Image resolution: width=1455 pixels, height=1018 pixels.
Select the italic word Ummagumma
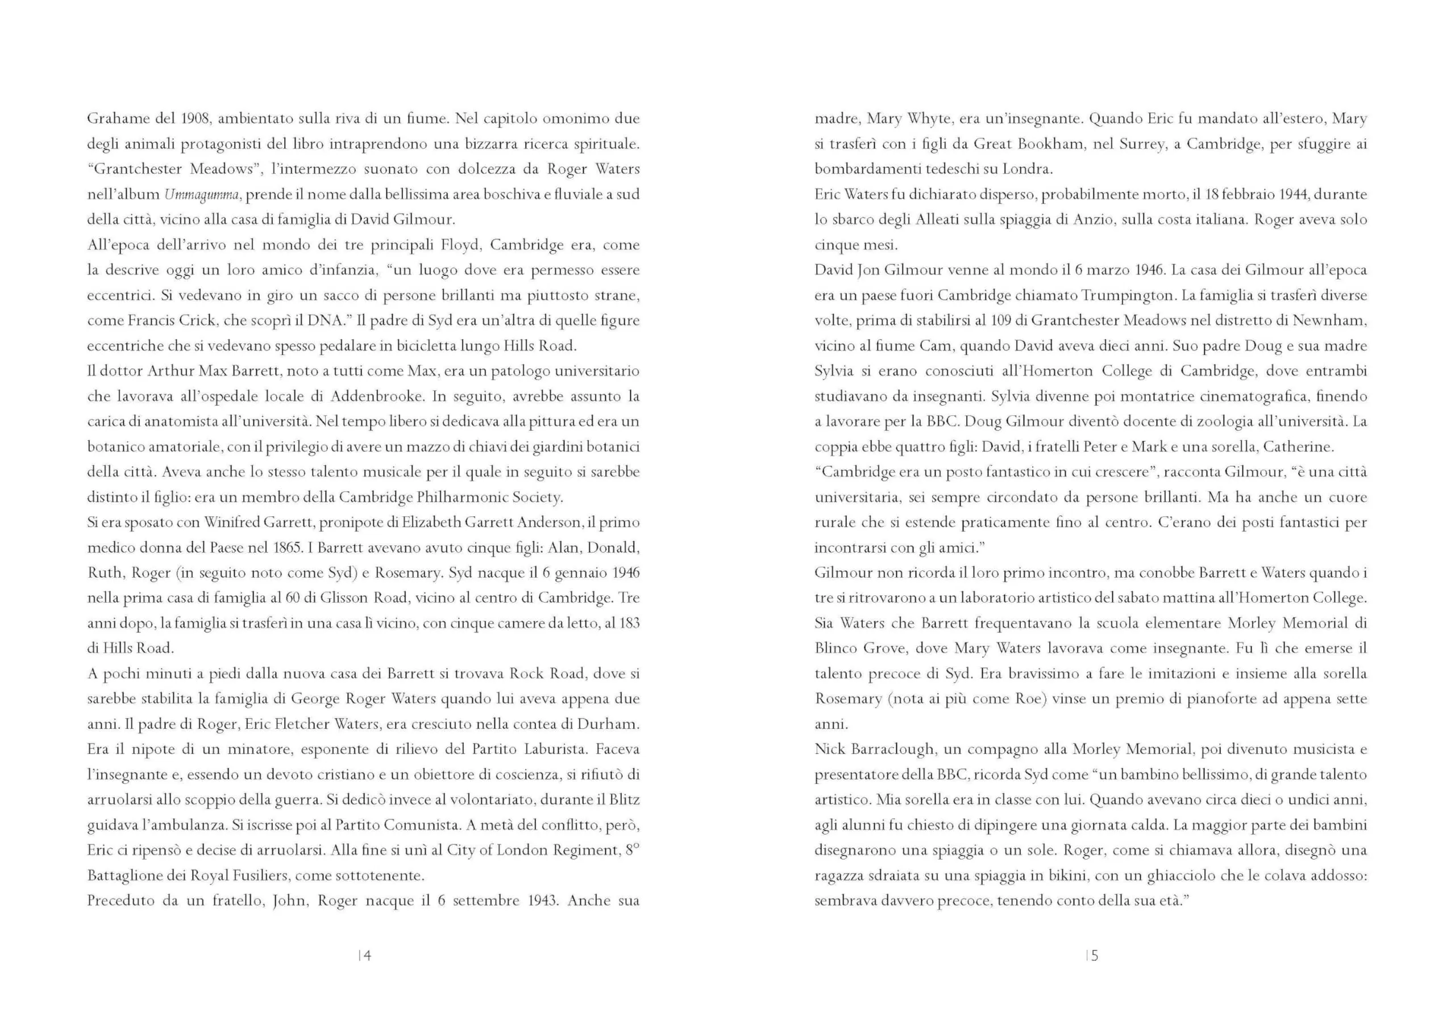pyautogui.click(x=202, y=194)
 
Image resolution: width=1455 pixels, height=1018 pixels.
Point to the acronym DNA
pyautogui.click(x=325, y=320)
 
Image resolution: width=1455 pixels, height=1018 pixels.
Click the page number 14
pyautogui.click(x=365, y=956)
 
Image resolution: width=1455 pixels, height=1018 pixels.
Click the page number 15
pyautogui.click(x=1092, y=956)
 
